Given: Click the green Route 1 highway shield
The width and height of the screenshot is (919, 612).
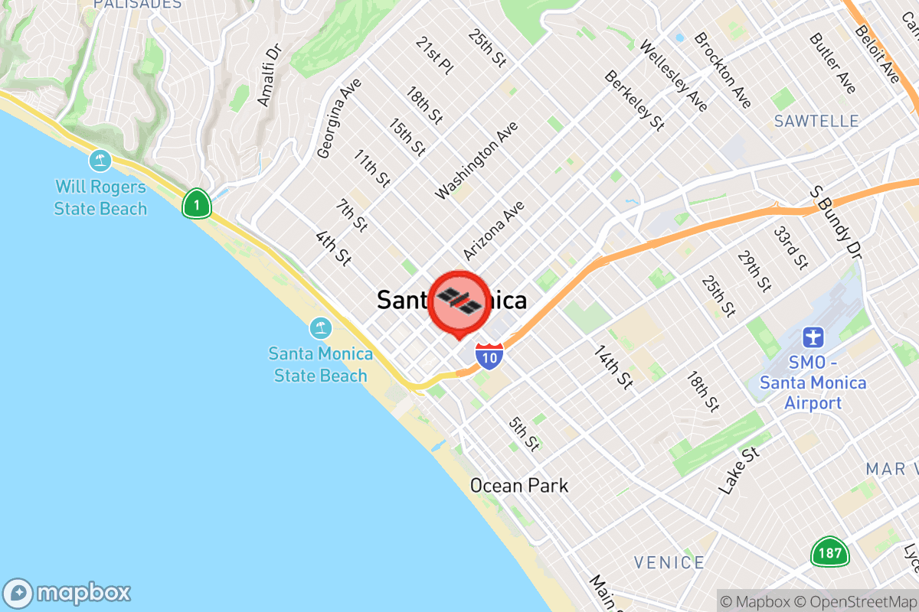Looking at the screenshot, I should point(197,204).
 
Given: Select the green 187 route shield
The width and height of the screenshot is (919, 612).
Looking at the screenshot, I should point(829,552).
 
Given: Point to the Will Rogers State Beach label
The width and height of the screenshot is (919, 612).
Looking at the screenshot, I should point(100,197).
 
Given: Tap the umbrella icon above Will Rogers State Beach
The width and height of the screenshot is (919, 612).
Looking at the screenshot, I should point(100,161).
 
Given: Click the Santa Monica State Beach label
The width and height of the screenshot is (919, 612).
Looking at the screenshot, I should point(321,365).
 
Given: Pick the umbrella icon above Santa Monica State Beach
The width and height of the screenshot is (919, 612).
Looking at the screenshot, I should point(320,329).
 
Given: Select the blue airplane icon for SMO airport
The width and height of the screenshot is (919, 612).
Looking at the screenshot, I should point(813,337).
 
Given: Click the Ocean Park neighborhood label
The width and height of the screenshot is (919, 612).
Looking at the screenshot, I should point(519,485).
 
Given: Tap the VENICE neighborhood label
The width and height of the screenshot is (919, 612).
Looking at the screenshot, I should point(669,563).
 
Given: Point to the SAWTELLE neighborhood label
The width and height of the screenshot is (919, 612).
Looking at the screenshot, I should point(816,121).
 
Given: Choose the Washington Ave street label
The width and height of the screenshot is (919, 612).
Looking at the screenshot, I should point(476,161).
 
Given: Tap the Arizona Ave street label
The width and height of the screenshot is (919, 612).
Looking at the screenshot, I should point(494,230).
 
